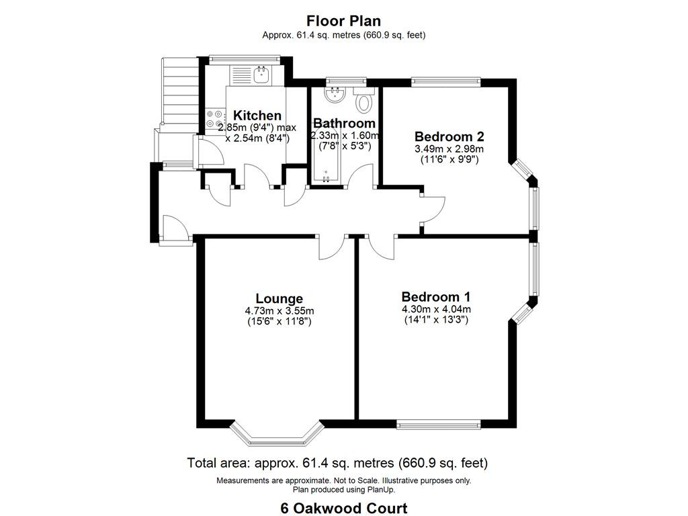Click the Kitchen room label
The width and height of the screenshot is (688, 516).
pyautogui.click(x=257, y=116)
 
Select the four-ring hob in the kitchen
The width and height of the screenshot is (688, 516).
pyautogui.click(x=214, y=118)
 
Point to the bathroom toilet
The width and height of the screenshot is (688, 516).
pyautogui.click(x=363, y=99)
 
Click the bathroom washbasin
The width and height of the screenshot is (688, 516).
pyautogui.click(x=336, y=94)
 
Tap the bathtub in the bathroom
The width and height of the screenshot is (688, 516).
pyautogui.click(x=326, y=156)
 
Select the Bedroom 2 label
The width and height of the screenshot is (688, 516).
pyautogui.click(x=449, y=136)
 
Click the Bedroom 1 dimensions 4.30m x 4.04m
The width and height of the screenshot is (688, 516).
pyautogui.click(x=437, y=309)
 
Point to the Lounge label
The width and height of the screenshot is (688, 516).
pyautogui.click(x=279, y=299)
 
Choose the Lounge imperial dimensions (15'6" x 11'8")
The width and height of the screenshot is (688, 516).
pyautogui.click(x=279, y=322)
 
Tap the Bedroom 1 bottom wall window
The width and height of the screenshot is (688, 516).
pyautogui.click(x=439, y=424)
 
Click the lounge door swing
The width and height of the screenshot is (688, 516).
pyautogui.click(x=331, y=247)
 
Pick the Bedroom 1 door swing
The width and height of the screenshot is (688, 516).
pyautogui.click(x=382, y=247)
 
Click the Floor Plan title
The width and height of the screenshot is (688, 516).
pyautogui.click(x=343, y=21)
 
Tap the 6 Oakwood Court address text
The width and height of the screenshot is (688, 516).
pyautogui.click(x=344, y=508)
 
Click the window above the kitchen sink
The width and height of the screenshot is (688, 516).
pyautogui.click(x=245, y=58)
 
